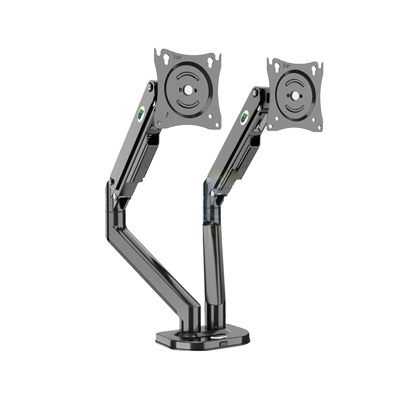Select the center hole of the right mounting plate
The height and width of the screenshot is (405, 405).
pyautogui.click(x=296, y=96)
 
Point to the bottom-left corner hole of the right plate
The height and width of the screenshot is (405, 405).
pyautogui.click(x=276, y=119)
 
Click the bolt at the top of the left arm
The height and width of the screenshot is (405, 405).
pyautogui.click(x=150, y=87)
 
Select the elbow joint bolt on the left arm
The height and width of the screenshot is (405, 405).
pyautogui.click(x=111, y=182)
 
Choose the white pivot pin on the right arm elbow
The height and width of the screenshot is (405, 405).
pyautogui.click(x=212, y=193)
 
